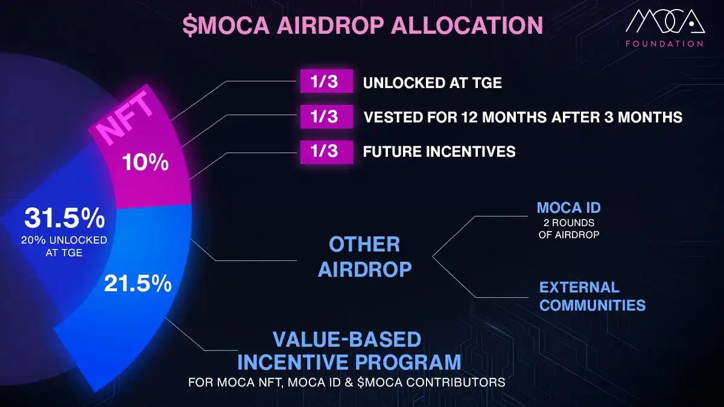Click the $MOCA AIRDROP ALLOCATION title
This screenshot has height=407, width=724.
click(x=363, y=26)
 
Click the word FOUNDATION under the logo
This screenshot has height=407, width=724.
click(x=663, y=43)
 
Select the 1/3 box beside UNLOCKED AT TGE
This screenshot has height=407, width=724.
click(x=326, y=82)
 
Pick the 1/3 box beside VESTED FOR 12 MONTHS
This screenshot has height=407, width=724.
click(x=326, y=116)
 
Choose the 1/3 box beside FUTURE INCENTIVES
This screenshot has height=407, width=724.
click(x=326, y=151)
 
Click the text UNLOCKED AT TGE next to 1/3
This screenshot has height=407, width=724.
click(x=432, y=83)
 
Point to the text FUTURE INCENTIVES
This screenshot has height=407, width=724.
click(x=439, y=151)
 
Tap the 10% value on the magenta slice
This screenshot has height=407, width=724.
click(x=145, y=162)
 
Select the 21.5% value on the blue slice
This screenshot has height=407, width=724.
click(x=138, y=283)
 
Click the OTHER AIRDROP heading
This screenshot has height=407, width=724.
click(x=364, y=256)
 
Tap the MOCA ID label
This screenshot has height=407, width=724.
click(x=568, y=209)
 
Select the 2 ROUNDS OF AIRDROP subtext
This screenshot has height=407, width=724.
click(x=568, y=229)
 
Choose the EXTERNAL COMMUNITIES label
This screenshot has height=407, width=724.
click(x=592, y=296)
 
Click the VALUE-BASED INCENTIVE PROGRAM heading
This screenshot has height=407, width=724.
click(x=349, y=351)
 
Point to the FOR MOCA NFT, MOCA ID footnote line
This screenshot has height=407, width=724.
click(x=346, y=383)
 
